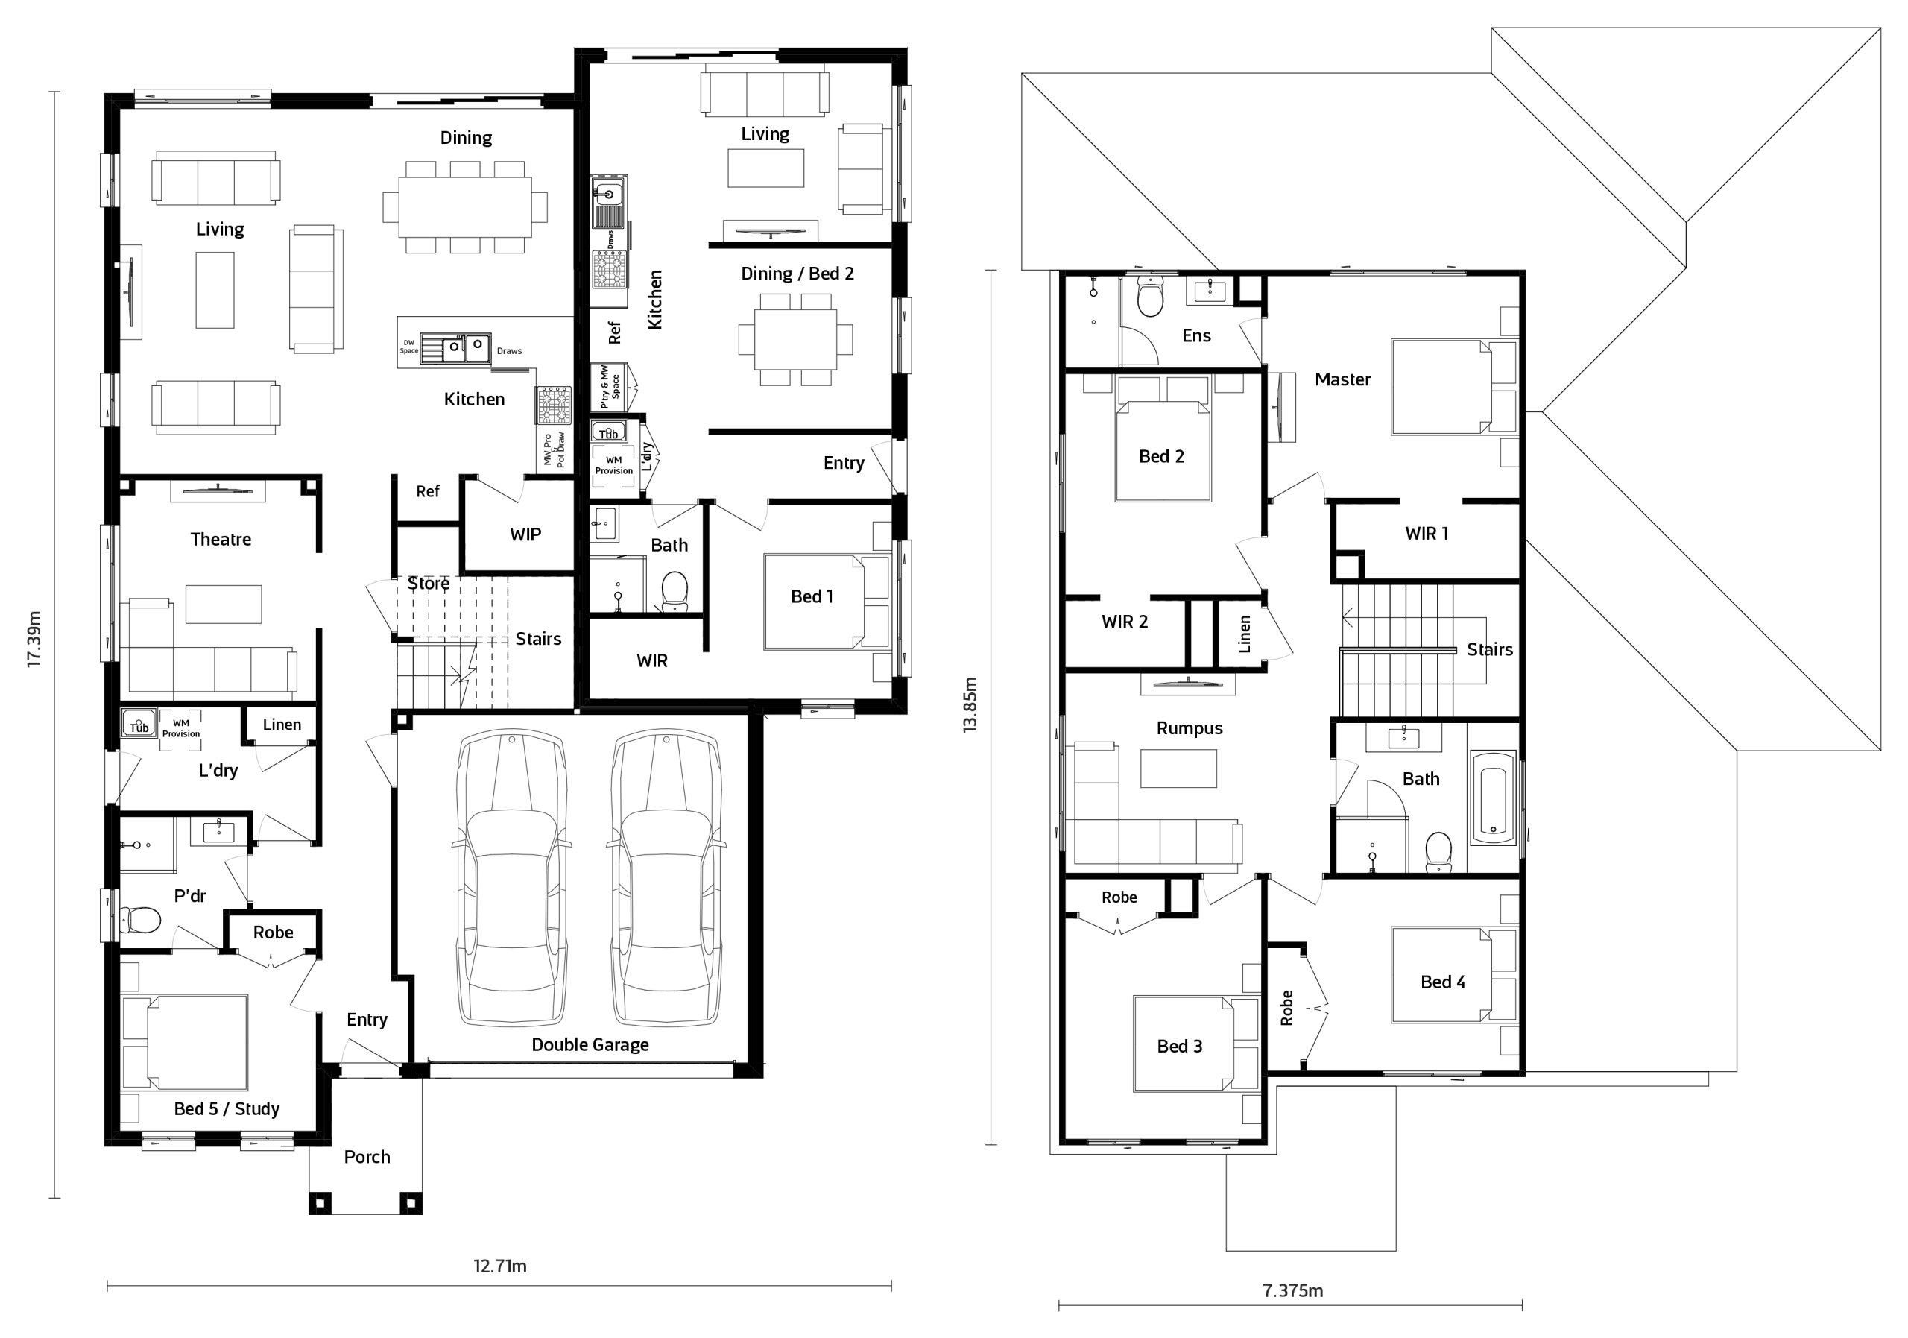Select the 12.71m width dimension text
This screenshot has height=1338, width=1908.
[499, 1266]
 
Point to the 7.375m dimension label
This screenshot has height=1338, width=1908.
[1292, 1290]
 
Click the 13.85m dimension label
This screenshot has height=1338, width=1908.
[970, 704]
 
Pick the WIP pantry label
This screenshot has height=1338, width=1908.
[525, 534]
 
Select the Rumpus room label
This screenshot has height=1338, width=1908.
[1190, 729]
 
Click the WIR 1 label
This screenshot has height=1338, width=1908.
[1426, 534]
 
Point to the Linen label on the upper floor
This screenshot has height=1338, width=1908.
[1244, 634]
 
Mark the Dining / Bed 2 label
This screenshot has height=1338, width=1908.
[797, 274]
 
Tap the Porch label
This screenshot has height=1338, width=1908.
[367, 1157]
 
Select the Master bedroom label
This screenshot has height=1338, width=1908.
[1342, 380]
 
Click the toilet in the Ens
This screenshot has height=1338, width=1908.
[1149, 298]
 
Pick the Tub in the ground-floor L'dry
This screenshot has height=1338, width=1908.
[138, 724]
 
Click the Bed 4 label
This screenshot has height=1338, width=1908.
[1443, 982]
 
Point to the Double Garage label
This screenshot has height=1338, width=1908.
[590, 1044]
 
